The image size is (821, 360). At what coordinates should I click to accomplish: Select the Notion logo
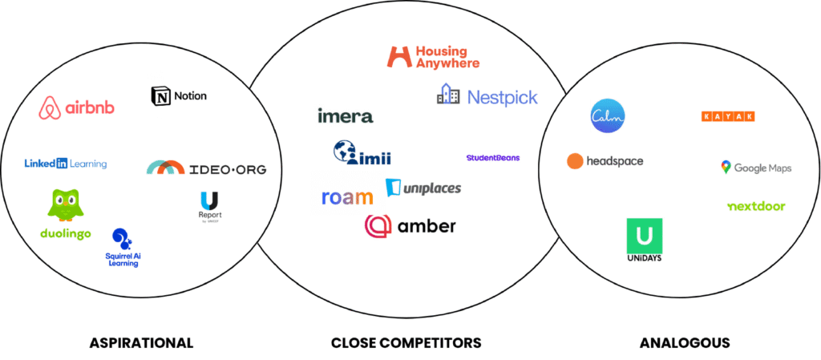[x=178, y=96]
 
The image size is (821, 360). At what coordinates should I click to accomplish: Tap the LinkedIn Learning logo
[x=65, y=164]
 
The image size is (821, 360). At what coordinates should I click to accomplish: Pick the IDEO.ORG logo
[x=206, y=168]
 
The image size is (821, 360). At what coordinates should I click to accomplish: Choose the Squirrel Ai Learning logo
[x=123, y=248]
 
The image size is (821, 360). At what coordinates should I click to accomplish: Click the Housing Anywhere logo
[x=433, y=56]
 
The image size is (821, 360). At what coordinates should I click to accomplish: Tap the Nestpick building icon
[x=448, y=95]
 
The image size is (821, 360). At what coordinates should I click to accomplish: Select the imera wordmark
[x=345, y=116]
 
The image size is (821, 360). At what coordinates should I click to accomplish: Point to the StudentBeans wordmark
[x=492, y=158]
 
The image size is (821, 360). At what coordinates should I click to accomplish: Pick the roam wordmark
[x=347, y=197]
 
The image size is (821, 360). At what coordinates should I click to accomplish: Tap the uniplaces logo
[x=423, y=188]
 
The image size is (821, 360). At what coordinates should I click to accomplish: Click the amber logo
[x=410, y=226]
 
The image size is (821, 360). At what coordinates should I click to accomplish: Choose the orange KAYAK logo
[x=727, y=116]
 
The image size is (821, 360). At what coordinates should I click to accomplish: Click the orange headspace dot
[x=575, y=161]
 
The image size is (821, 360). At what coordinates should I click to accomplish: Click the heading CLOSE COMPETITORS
[x=406, y=342]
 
